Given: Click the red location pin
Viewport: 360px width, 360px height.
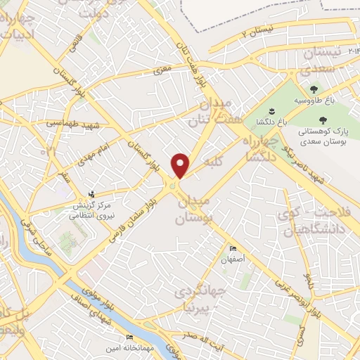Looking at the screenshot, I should click(181, 165).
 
